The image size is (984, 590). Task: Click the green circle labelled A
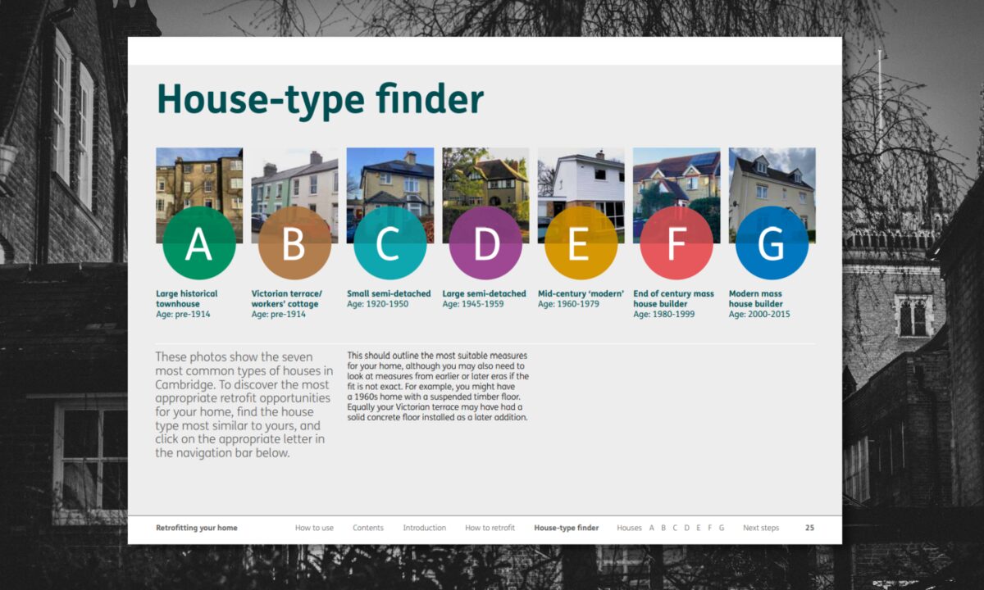pyautogui.click(x=199, y=243)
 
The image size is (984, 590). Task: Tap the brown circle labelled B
pyautogui.click(x=294, y=243)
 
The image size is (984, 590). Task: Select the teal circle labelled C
pyautogui.click(x=390, y=243)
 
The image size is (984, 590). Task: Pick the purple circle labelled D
pyautogui.click(x=485, y=243)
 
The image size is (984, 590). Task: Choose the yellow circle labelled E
pyautogui.click(x=581, y=243)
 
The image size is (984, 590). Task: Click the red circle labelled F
pyautogui.click(x=676, y=243)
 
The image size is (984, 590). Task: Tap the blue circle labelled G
pyautogui.click(x=772, y=243)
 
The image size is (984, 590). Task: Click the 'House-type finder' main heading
pyautogui.click(x=320, y=100)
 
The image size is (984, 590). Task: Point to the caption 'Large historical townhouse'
pyautogui.click(x=187, y=298)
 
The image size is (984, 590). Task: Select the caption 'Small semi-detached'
pyautogui.click(x=389, y=293)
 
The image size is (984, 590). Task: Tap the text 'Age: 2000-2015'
pyautogui.click(x=759, y=314)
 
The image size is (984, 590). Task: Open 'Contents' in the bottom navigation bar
pyautogui.click(x=368, y=528)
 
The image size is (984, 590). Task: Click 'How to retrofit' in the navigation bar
pyautogui.click(x=490, y=528)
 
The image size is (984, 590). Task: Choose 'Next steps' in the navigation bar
pyautogui.click(x=761, y=528)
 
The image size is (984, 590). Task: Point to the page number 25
pyautogui.click(x=809, y=528)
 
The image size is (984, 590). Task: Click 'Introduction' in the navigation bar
pyautogui.click(x=424, y=528)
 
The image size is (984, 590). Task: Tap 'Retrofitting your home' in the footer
pyautogui.click(x=197, y=528)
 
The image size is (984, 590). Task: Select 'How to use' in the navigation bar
pyautogui.click(x=314, y=528)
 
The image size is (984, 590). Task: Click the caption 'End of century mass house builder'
pyautogui.click(x=673, y=298)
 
